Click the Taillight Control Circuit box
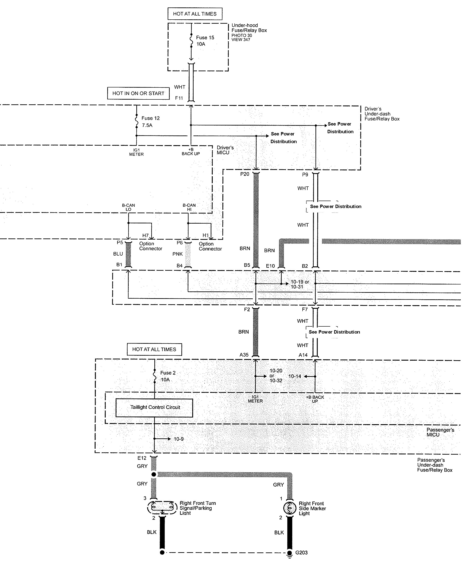tap(154, 408)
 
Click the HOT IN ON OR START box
tap(138, 94)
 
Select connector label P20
tap(245, 174)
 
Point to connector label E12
tap(142, 458)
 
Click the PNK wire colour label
tap(178, 254)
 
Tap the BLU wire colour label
tap(118, 254)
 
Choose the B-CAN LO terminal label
tap(128, 207)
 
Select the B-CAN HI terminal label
tap(189, 207)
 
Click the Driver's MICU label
tap(225, 150)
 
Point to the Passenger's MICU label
tap(440, 432)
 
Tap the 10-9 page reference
tap(179, 439)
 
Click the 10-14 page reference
tap(295, 376)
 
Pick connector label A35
tap(244, 355)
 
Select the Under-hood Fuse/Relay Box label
tap(249, 28)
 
